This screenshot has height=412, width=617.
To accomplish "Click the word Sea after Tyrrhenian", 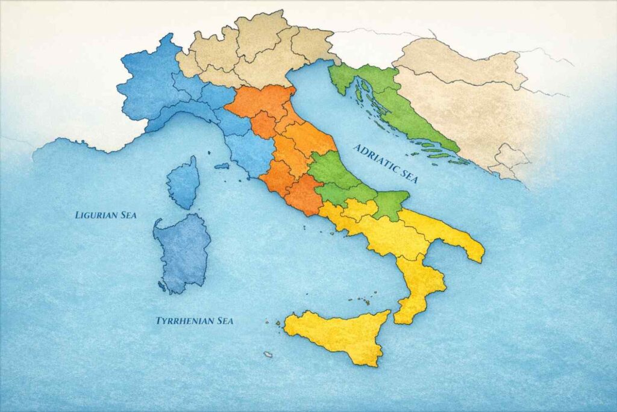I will (223, 321).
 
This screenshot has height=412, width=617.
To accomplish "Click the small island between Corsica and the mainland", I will (222, 166).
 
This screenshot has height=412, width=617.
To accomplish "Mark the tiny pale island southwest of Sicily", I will (268, 354).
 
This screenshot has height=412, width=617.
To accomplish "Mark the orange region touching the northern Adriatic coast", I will (260, 100).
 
